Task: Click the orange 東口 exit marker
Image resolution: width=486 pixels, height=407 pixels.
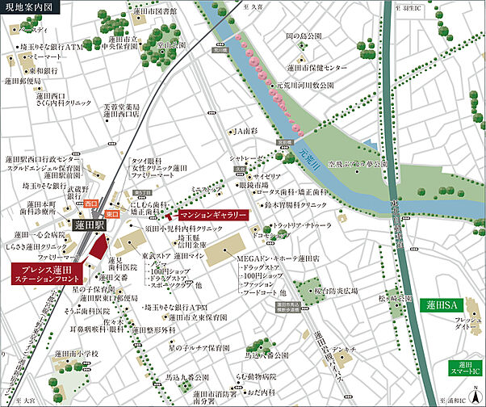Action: (112, 213)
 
